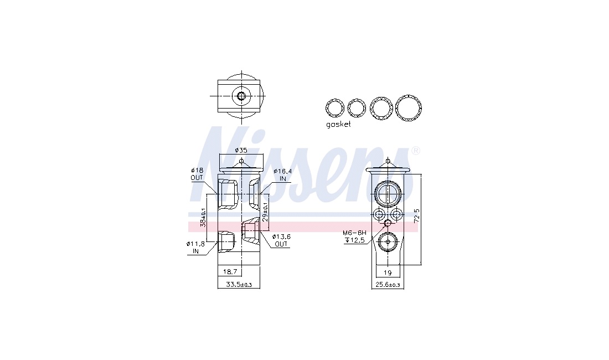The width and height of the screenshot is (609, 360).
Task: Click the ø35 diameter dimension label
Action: tap(241, 150)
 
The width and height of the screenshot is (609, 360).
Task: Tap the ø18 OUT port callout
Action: tap(197, 174)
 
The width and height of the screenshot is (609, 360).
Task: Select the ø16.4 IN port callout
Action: tap(282, 175)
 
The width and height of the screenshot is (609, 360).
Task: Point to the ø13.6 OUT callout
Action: tap(281, 240)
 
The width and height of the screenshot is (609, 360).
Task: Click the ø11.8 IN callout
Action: tap(196, 248)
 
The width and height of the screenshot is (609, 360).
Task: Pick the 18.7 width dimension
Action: tap(230, 272)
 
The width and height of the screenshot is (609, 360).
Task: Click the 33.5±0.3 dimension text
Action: tap(239, 285)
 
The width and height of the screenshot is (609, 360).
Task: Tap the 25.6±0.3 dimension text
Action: tap(388, 285)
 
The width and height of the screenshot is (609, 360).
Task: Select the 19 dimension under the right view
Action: tap(388, 272)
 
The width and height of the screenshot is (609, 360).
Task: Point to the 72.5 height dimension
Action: tap(417, 216)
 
